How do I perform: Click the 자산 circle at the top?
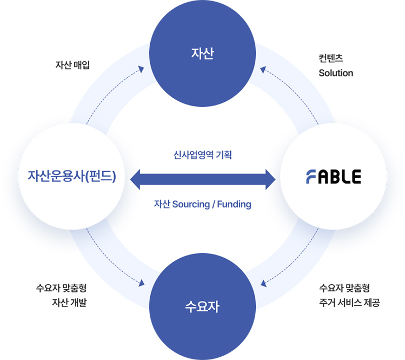[203, 54]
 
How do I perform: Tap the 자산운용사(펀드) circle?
[72, 176]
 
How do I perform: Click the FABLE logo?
[333, 176]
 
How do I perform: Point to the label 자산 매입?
[72, 64]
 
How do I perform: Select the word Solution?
[336, 73]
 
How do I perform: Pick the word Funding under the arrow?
[235, 205]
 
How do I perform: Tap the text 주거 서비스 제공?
[349, 303]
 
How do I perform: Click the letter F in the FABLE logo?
[311, 176]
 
